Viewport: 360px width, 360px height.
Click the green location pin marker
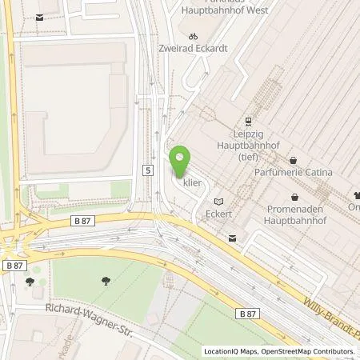181,162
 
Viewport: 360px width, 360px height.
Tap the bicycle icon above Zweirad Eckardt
191,36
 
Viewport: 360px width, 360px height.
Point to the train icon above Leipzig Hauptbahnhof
249,122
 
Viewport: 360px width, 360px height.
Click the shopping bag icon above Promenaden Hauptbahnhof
295,196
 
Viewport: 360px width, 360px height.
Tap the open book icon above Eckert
218,202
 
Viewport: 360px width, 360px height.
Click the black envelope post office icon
232,238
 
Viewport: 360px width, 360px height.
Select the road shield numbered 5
148,170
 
